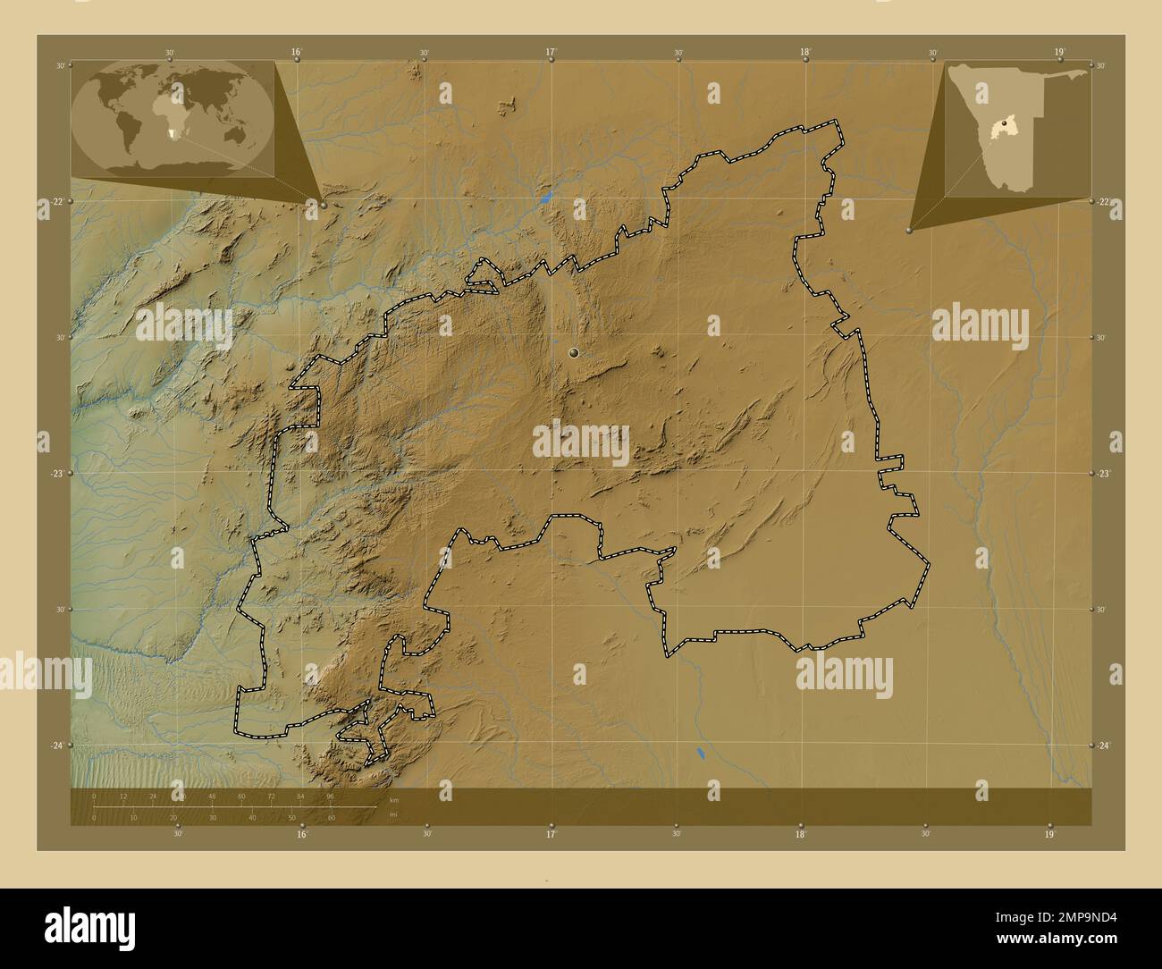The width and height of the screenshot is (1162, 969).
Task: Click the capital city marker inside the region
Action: pos(574,353)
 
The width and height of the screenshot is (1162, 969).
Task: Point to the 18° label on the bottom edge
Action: pos(801,834)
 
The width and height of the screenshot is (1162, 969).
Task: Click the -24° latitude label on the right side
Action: pos(1104,746)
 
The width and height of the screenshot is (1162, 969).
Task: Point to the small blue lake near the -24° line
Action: pos(700,754)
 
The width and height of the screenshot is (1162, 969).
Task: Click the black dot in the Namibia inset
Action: pos(1006,122)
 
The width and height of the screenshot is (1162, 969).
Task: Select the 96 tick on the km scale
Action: pos(330,796)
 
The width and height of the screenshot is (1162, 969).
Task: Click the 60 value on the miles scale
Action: pos(332,817)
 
